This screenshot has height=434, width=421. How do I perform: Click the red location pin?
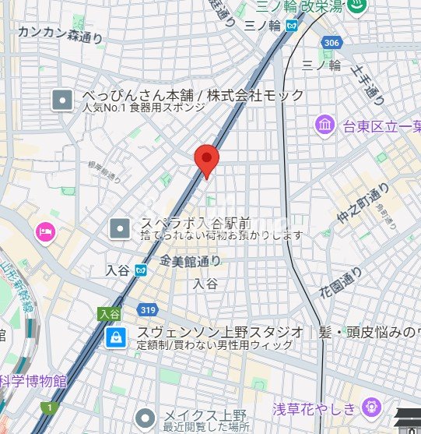coord(205,160)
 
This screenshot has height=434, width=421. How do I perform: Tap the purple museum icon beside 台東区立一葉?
coord(325,124)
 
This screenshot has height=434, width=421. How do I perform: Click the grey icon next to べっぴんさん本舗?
coord(61,100)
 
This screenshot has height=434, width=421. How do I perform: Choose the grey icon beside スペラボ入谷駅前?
coord(120,228)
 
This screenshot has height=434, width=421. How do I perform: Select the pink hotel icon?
coord(44,231)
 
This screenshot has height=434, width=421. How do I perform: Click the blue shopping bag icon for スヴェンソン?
coord(115,337)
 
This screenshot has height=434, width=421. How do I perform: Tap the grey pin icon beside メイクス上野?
coord(143,418)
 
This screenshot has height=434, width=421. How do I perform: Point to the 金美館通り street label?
coord(191,261)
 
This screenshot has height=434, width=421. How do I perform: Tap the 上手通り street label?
coord(369,84)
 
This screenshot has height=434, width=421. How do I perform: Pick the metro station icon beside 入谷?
coord(140,270)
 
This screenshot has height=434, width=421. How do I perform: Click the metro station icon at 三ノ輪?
coord(290,26)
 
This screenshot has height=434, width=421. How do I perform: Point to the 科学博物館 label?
coord(33,382)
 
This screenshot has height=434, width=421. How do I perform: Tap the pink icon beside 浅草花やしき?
coord(371,407)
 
